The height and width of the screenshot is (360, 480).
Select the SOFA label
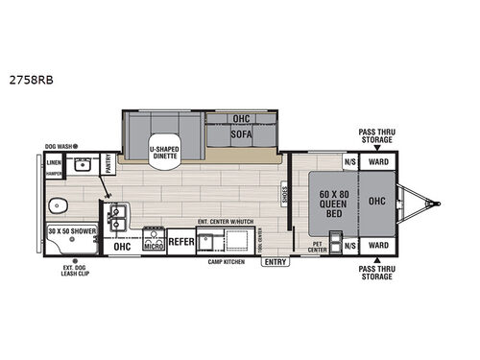point(241,134)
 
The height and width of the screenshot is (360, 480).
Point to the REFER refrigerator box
point(181,244)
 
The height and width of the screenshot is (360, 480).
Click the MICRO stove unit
point(152,244)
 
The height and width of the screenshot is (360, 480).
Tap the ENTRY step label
point(275,261)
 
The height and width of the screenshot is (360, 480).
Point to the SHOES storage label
point(284,196)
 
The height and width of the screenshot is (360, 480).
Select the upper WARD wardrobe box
point(378,161)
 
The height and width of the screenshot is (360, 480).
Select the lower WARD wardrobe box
point(378,245)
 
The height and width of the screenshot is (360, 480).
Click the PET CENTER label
point(320,248)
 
